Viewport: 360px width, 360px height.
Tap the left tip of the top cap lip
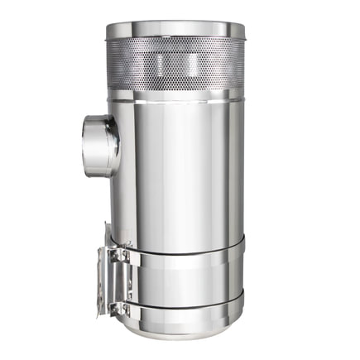point(106,34)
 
